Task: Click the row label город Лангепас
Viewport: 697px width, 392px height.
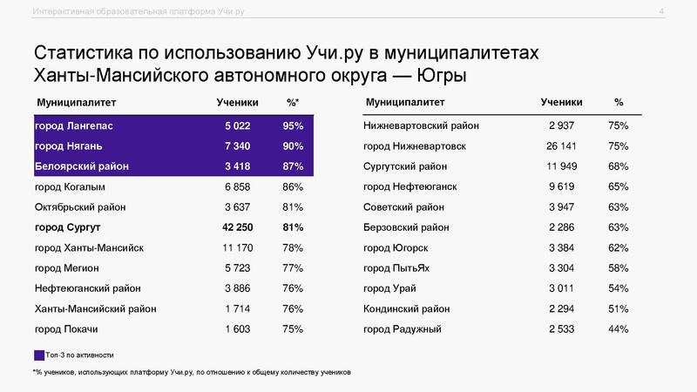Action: (73, 126)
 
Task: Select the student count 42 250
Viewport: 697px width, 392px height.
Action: (232, 227)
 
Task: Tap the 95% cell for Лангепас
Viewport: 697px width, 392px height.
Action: (293, 126)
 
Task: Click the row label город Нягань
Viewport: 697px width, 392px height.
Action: (70, 146)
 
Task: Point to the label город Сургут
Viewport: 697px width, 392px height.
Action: (68, 227)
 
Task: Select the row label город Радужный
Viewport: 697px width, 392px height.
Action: (403, 328)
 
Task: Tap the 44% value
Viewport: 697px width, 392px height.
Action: (619, 328)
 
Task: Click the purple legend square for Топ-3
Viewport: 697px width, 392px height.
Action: (38, 355)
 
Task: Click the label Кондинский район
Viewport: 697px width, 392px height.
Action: (407, 308)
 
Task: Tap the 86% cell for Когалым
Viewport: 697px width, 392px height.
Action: (293, 186)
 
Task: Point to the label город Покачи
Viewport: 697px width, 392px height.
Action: (65, 328)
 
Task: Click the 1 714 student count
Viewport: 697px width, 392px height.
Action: (237, 308)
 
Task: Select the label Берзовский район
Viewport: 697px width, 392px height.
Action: (407, 227)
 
